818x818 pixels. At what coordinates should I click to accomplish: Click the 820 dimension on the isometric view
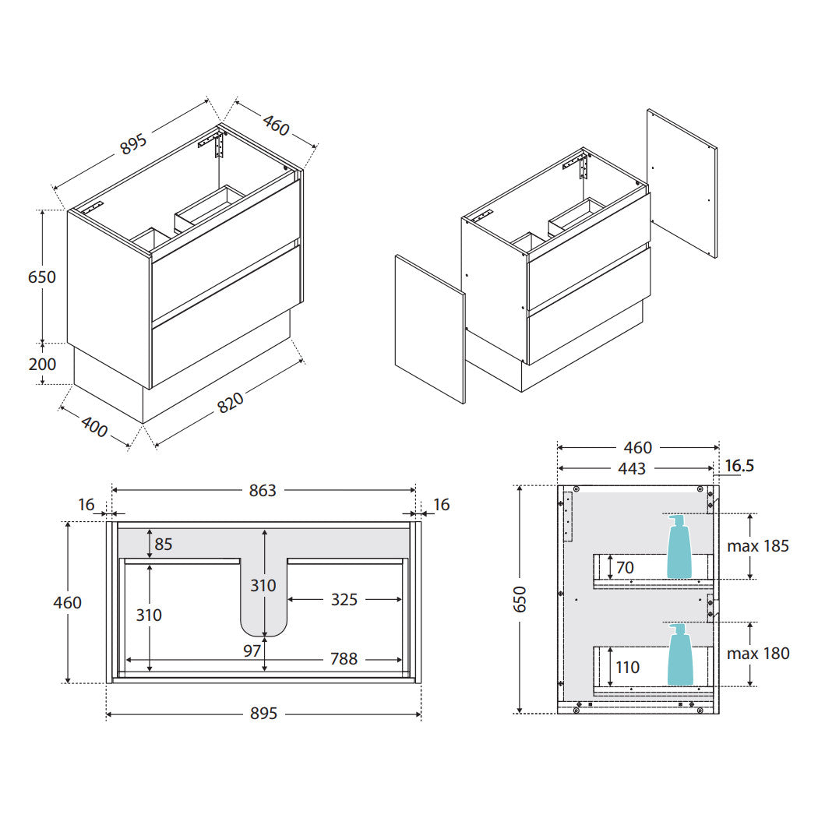click(230, 402)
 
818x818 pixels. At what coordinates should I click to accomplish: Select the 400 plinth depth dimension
click(94, 427)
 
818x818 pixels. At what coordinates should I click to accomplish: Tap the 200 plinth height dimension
click(42, 364)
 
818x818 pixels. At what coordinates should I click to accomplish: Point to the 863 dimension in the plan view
click(262, 490)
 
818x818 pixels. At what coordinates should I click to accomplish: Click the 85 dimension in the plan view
click(164, 544)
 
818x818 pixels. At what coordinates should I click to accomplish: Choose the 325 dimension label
click(344, 599)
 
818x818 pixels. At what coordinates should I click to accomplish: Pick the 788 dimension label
click(344, 659)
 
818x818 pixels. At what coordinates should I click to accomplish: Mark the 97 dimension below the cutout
click(252, 651)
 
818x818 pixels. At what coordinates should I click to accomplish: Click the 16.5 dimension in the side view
click(739, 465)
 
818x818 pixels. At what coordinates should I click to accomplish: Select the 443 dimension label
click(631, 468)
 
